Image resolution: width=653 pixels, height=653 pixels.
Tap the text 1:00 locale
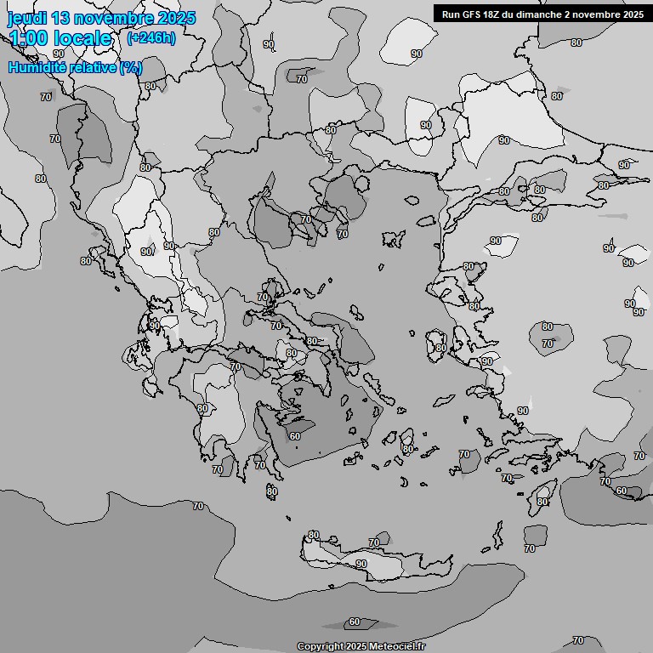pos(60,38)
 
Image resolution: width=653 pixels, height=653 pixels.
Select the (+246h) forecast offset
pos(150,38)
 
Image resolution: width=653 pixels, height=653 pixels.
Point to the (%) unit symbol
pos(131,67)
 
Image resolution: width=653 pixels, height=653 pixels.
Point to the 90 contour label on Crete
pos(361,564)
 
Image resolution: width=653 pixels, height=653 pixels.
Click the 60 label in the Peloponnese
pos(295,436)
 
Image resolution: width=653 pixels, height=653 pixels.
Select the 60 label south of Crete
pos(355,622)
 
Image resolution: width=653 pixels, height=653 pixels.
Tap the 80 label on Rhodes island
pos(542,502)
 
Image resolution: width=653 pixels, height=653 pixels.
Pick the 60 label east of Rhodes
pos(622,491)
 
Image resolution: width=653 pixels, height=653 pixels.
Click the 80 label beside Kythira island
pos(272,491)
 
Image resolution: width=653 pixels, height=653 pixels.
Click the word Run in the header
pos(451,14)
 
